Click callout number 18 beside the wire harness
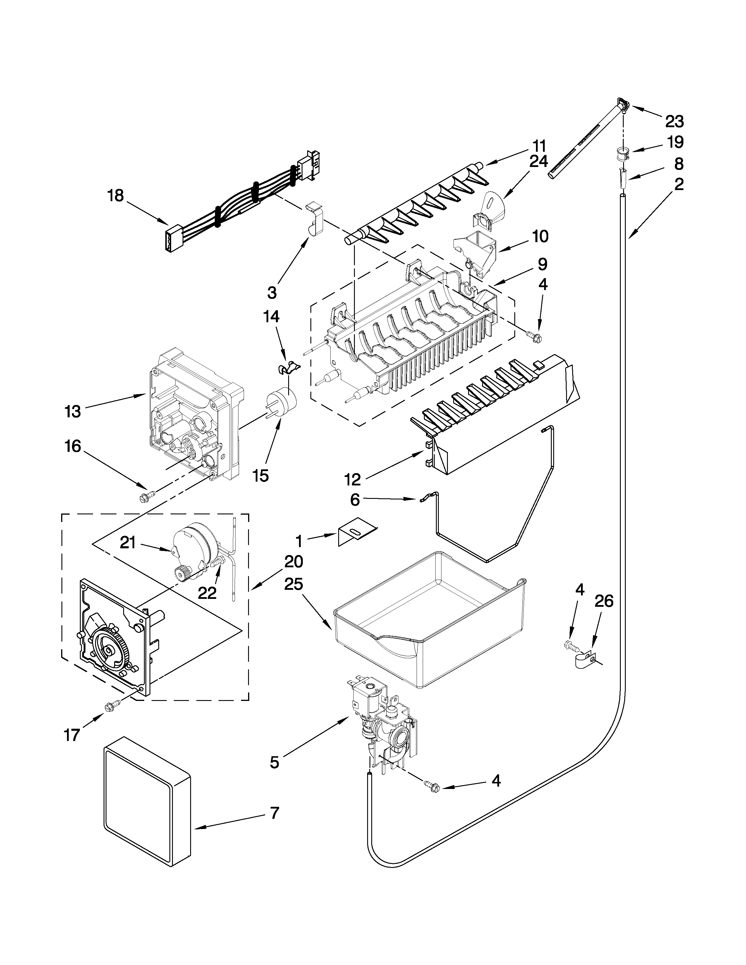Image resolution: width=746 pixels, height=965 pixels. point(116,195)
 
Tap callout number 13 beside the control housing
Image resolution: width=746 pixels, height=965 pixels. point(73,411)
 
